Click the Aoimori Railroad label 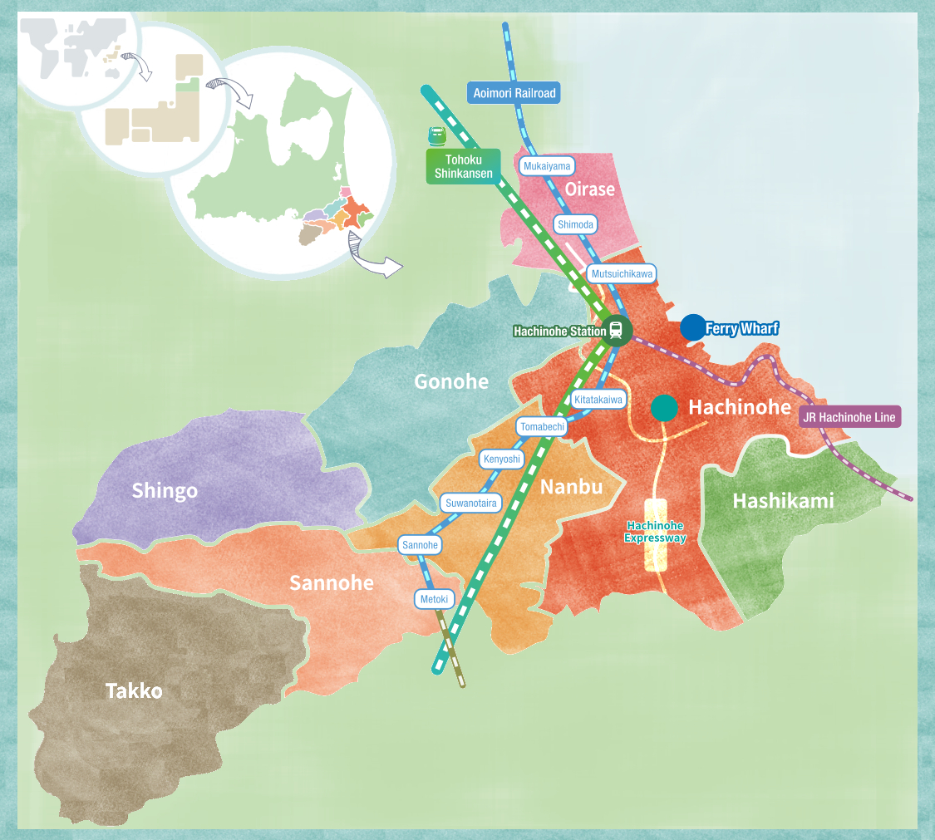[514, 93]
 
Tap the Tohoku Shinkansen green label [463, 166]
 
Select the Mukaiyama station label [547, 166]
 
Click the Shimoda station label [575, 224]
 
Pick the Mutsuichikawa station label [623, 273]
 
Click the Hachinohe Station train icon [616, 330]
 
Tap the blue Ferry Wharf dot [692, 327]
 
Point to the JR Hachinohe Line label [849, 417]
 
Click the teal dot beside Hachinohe [663, 407]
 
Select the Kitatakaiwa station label [598, 400]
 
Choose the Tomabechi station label [542, 427]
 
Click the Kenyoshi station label [501, 459]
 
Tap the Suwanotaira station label [471, 503]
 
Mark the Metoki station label [434, 598]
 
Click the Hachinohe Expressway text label [656, 532]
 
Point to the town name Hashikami [783, 500]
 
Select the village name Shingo [165, 490]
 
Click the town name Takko [134, 690]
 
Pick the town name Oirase [589, 189]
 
